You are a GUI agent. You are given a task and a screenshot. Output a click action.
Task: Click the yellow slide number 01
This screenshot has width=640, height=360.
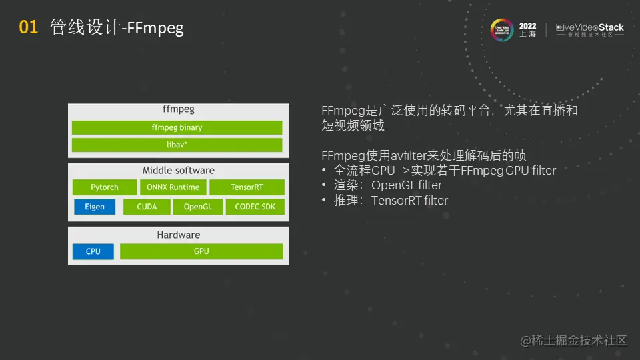(28, 27)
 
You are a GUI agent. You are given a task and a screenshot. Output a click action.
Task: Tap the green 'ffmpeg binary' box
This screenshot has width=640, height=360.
(177, 127)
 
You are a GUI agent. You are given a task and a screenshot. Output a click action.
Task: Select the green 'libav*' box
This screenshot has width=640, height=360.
(177, 145)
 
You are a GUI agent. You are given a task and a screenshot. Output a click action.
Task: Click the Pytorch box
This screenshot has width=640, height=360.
(105, 187)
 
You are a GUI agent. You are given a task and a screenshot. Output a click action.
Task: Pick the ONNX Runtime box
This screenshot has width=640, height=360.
(173, 187)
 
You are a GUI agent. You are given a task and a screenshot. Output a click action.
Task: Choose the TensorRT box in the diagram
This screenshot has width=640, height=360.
(247, 187)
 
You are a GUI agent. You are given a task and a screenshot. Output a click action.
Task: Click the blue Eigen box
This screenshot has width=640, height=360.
(94, 207)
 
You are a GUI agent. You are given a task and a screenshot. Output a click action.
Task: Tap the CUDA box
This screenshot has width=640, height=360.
(147, 207)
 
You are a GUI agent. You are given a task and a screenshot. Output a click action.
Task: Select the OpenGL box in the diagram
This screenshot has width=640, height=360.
(198, 207)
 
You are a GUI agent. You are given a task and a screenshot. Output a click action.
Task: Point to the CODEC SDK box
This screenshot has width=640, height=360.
(255, 207)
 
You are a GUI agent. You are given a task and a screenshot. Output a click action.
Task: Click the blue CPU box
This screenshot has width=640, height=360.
(93, 251)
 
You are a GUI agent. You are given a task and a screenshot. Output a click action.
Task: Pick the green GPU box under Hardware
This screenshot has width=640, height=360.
(201, 251)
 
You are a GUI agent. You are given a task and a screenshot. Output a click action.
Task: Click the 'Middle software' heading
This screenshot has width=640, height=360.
(179, 170)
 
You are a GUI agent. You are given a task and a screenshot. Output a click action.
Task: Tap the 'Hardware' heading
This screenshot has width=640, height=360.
(179, 235)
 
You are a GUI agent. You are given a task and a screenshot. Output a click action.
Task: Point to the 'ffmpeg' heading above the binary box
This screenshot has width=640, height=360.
(179, 109)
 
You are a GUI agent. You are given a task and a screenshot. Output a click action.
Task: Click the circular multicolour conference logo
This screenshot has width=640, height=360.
(501, 30)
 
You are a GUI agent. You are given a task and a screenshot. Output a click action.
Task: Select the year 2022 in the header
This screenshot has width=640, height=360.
(527, 26)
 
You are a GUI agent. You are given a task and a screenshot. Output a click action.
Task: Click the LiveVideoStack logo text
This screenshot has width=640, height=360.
(590, 28)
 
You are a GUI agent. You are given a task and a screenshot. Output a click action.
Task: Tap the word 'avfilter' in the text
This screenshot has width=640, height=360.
(409, 155)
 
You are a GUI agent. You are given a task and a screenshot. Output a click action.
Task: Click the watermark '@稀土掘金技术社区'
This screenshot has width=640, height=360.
(573, 340)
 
